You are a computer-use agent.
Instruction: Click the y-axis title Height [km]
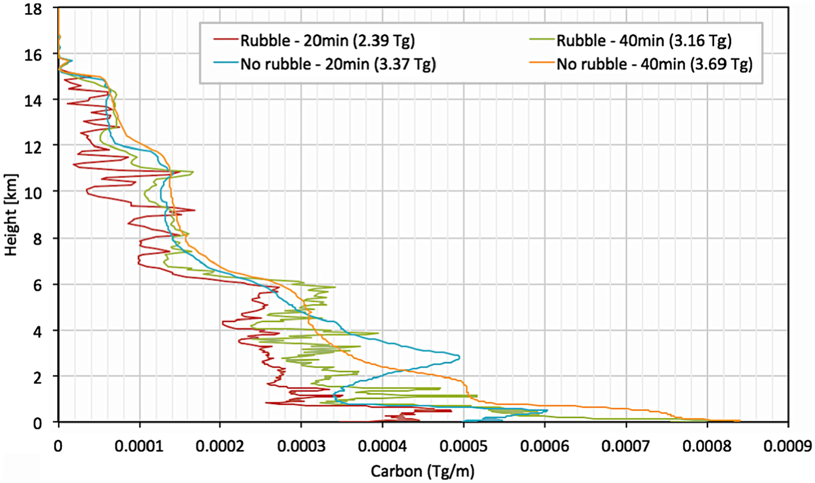[x=11, y=215]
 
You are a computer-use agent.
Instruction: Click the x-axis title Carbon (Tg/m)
[x=423, y=471]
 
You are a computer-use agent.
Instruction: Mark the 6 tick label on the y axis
[x=38, y=285]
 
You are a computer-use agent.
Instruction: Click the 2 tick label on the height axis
[x=38, y=377]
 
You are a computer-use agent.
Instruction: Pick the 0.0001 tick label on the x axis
[x=139, y=446]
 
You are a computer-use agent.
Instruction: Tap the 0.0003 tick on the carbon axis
[x=301, y=446]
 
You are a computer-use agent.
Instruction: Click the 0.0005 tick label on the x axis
[x=463, y=446]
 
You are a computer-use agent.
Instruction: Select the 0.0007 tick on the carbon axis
[x=626, y=446]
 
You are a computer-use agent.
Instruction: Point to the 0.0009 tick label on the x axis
[x=788, y=446]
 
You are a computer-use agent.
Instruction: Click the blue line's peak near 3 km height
[x=459, y=357]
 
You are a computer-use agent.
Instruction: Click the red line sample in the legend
[x=225, y=39]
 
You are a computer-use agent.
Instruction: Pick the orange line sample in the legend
[x=542, y=62]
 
